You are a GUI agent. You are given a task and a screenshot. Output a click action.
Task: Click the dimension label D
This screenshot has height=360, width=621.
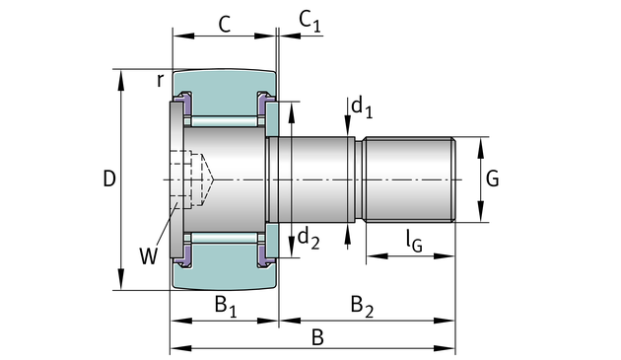coord(109,179)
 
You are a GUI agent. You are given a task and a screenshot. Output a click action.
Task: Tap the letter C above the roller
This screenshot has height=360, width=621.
coord(225,25)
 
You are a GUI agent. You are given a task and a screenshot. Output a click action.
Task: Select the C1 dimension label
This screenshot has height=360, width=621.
coord(310,21)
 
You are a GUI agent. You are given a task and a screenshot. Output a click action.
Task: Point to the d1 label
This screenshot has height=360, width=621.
coord(362,108)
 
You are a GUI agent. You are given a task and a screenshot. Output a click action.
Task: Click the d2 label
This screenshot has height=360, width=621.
coord(309,239)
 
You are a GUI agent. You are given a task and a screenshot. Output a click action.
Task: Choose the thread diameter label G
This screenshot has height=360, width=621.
coord(492,179)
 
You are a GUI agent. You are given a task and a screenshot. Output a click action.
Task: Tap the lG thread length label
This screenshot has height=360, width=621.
coord(414,242)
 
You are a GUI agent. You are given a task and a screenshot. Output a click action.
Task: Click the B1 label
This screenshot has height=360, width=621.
coord(226,307)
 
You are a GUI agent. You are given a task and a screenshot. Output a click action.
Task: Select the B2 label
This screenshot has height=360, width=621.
coord(362,307)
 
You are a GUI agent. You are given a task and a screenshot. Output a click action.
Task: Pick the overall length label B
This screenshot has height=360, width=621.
coord(317,337)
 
